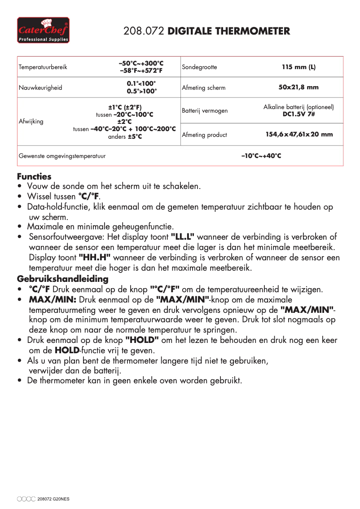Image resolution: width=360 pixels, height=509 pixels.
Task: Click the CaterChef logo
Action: [44, 30]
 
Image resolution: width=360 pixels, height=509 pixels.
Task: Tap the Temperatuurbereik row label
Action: [43, 67]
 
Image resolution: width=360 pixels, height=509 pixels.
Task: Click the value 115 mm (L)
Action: [299, 67]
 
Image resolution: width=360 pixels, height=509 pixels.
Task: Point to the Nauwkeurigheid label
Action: [40, 88]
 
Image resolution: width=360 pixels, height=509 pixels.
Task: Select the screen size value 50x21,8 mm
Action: [299, 88]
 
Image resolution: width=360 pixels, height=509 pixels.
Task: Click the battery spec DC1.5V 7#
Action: [299, 114]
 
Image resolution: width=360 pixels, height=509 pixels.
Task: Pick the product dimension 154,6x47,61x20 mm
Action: [299, 135]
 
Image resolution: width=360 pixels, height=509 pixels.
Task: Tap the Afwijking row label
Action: [31, 121]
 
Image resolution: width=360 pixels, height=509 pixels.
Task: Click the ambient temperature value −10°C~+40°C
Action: [261, 156]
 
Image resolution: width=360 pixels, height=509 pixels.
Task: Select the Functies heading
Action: [34, 176]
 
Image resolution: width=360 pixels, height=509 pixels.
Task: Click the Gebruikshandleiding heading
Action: [63, 279]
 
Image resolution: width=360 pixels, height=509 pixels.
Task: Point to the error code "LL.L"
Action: [183, 237]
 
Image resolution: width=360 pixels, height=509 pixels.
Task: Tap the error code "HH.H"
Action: [95, 258]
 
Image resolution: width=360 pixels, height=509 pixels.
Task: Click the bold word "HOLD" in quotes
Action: [142, 340]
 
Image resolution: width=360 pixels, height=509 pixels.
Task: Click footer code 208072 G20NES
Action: [54, 499]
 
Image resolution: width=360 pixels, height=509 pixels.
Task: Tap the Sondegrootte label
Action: [199, 67]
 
